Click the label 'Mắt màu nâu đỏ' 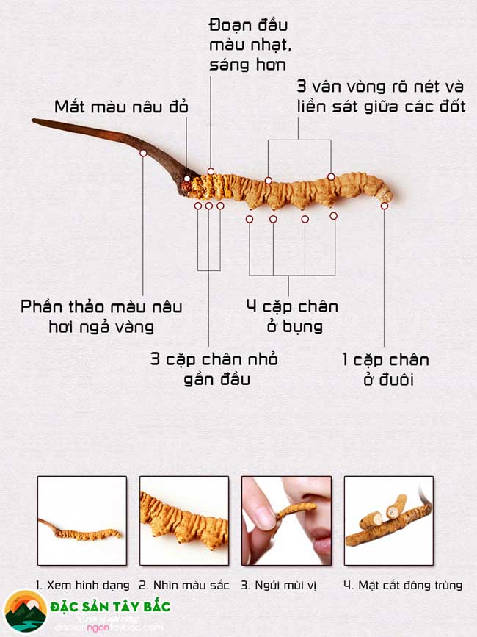point(121,107)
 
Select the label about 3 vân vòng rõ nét point(381,95)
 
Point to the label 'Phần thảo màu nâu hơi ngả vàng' point(101,316)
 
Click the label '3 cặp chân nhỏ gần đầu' point(214,369)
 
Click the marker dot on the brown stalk point(143,153)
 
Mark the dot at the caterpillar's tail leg point(385,206)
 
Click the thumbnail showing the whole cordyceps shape point(82,521)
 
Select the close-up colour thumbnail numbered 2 point(184,521)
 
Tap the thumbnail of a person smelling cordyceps point(286,521)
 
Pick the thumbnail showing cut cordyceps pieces point(388,521)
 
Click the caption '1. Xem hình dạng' point(82,586)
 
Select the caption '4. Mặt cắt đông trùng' point(403,586)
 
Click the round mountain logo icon point(25,612)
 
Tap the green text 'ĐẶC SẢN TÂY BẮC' point(111,607)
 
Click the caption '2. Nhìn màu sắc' point(184,586)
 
